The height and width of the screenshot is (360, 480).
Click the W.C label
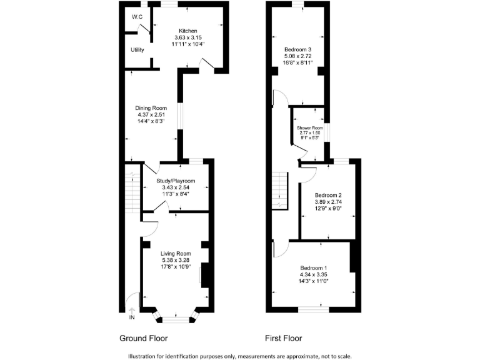tap(136, 17)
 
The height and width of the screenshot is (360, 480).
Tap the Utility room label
tap(137, 49)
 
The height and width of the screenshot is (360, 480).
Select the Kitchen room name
tap(188, 31)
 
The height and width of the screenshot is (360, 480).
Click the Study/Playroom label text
tap(175, 181)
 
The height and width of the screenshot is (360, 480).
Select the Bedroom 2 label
tap(328, 195)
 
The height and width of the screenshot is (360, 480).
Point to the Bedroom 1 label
tap(314, 267)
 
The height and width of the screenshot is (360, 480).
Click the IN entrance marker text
tap(132, 318)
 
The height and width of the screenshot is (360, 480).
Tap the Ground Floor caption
tap(143, 338)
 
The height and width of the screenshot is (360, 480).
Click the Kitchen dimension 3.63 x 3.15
tap(188, 37)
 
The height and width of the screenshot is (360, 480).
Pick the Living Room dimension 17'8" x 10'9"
tap(175, 267)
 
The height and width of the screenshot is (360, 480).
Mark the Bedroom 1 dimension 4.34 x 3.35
tap(314, 274)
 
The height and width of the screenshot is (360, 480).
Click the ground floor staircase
tap(132, 187)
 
